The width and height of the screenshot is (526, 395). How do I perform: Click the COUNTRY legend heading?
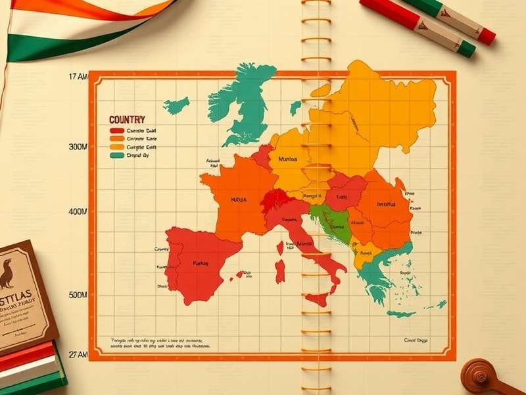(x=127, y=120)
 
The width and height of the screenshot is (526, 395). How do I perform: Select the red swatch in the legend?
(x=116, y=130)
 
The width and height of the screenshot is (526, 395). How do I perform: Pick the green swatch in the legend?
(x=116, y=156)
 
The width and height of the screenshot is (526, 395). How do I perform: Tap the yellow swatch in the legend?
(x=116, y=147)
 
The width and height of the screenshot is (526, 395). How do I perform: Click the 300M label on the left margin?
(x=78, y=147)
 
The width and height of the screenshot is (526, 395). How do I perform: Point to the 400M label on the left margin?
(x=78, y=212)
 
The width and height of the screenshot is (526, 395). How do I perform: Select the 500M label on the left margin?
(x=78, y=295)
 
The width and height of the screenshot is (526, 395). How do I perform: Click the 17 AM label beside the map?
(x=78, y=77)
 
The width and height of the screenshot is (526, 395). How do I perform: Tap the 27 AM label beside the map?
(x=77, y=355)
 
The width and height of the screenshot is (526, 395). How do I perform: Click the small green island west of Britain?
(x=176, y=104)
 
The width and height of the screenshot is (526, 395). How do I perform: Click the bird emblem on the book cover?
(x=8, y=273)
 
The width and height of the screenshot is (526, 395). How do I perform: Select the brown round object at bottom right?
(x=483, y=375)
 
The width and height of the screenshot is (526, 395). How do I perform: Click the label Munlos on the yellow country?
(x=287, y=159)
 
